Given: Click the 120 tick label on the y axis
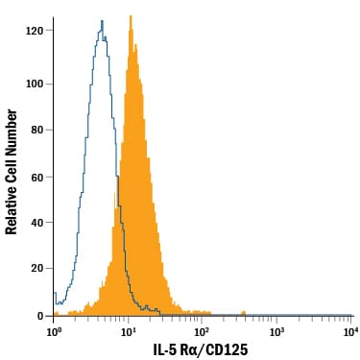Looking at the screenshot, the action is coord(35,31).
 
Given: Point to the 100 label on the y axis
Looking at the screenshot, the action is coord(35,84).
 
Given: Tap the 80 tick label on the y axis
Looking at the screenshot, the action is coord(37,131).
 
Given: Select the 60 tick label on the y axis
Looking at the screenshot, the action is coord(37,178).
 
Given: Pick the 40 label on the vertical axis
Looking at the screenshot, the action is coord(37,223).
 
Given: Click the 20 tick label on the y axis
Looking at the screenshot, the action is coord(37,268).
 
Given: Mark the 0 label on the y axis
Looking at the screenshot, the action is coord(40,316).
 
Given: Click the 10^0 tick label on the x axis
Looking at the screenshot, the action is coord(54,332).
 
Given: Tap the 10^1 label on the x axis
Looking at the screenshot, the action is coord(128,332).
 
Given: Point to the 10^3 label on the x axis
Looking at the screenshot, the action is coord(277,332).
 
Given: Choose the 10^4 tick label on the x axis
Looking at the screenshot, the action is coord(350,332).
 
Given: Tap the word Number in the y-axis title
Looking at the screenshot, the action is coord(12,131).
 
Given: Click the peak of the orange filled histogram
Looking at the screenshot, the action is coord(131,16).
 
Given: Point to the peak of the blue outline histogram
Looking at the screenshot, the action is coord(102,21).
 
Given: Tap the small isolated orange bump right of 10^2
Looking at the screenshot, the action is coord(243,313).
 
